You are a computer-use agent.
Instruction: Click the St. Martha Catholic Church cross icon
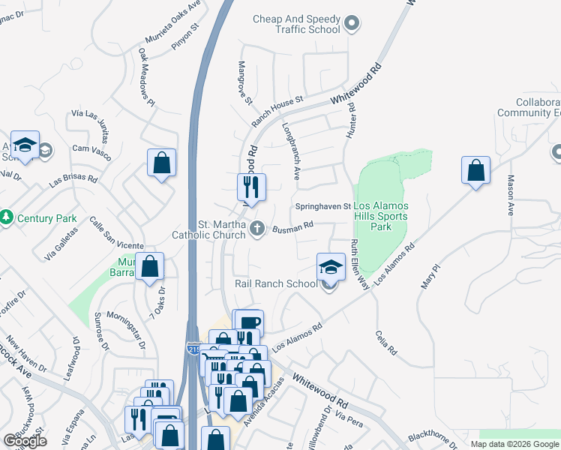258,228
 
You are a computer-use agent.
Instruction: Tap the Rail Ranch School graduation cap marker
329,267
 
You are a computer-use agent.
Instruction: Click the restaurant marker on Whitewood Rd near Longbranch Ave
251,187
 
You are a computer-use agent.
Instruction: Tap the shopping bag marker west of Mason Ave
476,170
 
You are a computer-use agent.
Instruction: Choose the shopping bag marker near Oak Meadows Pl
161,162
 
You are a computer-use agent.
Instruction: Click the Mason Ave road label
510,195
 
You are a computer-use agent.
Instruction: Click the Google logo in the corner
24,441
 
